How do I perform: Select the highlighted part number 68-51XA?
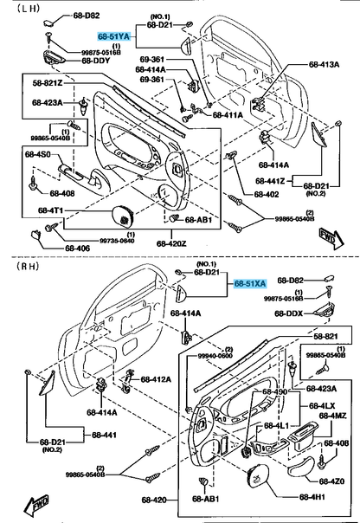pyautogui.click(x=250, y=282)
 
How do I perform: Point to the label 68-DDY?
pyautogui.click(x=96, y=61)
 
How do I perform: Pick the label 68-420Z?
pyautogui.click(x=173, y=243)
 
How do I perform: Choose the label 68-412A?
pyautogui.click(x=155, y=379)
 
